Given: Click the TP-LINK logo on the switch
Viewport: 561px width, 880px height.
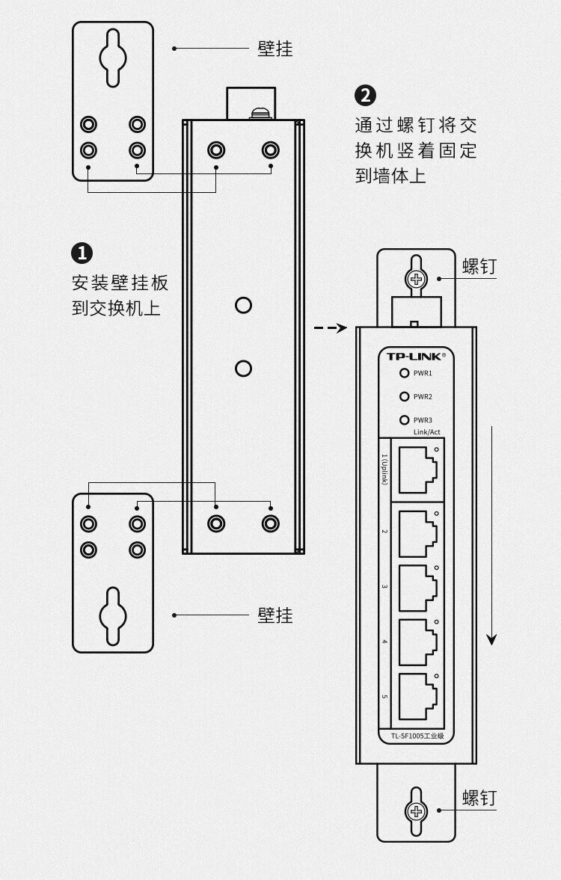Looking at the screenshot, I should tap(415, 356).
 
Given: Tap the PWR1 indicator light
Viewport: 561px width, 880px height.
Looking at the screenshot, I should tap(405, 373).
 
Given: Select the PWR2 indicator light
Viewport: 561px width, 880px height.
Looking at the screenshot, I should tap(405, 397).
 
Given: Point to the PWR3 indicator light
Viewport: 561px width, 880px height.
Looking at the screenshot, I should tap(405, 420).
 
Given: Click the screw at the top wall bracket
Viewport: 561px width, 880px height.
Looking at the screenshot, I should tap(416, 280).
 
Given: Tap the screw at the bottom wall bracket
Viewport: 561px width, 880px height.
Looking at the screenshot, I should tap(416, 813).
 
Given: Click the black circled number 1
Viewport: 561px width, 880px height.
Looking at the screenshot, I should tap(82, 253).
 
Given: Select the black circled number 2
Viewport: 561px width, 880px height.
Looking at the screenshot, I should tap(365, 96).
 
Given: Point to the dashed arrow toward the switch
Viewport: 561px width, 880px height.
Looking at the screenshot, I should tap(330, 327).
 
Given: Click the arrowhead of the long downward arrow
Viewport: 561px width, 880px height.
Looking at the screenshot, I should tap(491, 639).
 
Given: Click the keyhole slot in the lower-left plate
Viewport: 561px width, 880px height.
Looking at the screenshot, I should tap(113, 616).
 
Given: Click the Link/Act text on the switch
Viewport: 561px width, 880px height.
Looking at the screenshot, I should tap(426, 432).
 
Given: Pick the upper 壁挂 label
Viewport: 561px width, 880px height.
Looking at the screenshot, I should tap(275, 49).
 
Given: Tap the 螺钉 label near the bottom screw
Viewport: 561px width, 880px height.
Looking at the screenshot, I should tap(479, 799).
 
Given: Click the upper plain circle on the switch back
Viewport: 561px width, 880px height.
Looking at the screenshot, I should tap(243, 305).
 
